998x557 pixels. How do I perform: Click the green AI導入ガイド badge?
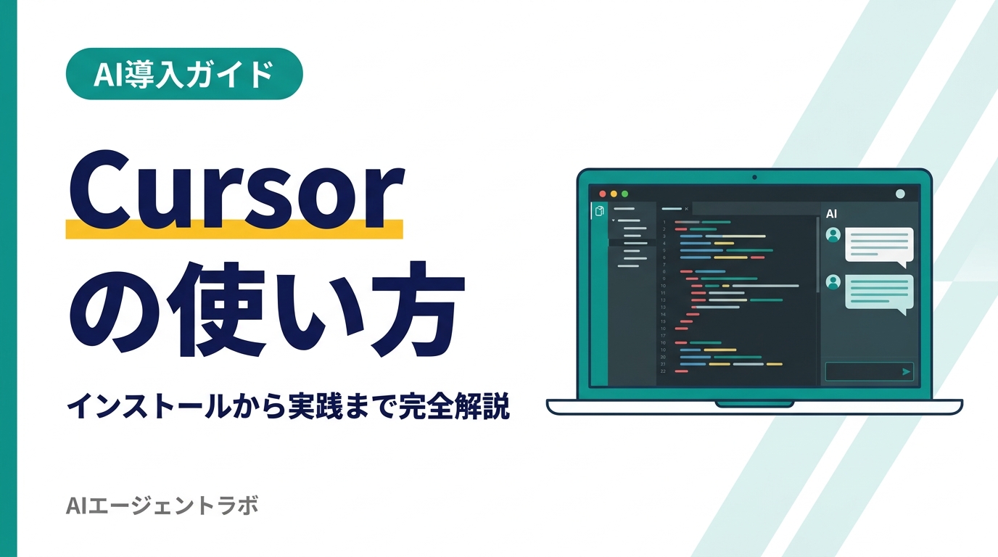(x=184, y=74)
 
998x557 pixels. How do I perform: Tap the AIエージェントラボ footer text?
(x=162, y=506)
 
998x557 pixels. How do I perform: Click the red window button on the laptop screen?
(x=602, y=194)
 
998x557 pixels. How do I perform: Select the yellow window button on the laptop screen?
(x=614, y=194)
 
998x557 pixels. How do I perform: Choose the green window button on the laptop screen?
(x=624, y=194)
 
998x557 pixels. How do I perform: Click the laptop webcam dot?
(x=754, y=177)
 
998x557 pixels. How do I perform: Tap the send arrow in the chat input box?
(x=906, y=371)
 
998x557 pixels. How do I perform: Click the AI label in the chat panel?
(x=832, y=214)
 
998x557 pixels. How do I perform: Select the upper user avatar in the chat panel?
(x=833, y=235)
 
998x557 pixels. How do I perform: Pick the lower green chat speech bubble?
(x=879, y=292)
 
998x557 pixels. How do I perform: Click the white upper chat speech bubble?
(x=879, y=245)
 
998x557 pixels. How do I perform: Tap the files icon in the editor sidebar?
(x=599, y=212)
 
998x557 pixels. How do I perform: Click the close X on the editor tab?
(x=686, y=209)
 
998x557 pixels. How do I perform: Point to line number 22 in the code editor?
(x=663, y=371)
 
